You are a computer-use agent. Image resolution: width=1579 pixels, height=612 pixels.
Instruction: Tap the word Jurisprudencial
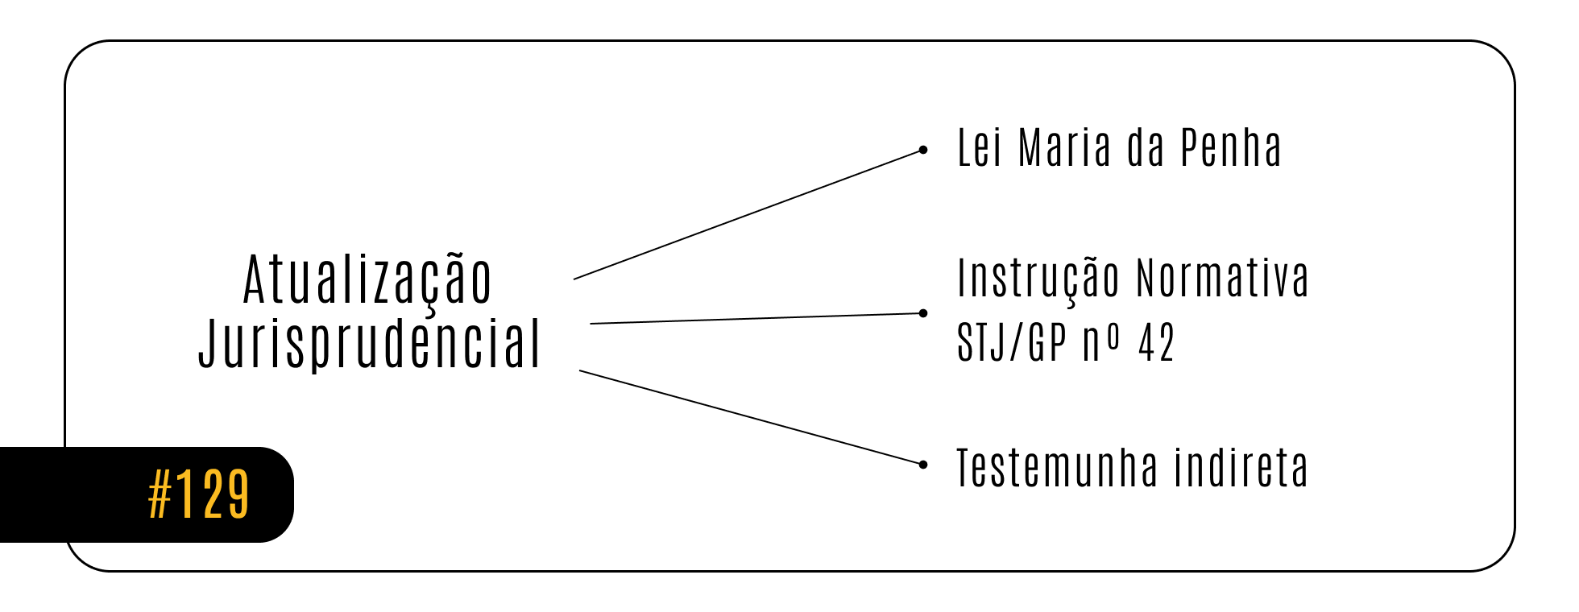tap(370, 345)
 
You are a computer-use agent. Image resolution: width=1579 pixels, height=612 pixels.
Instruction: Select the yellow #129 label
tap(199, 494)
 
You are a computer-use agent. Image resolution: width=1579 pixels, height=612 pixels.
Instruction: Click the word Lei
tap(980, 147)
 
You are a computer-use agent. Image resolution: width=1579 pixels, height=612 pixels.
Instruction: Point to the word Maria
tap(1065, 147)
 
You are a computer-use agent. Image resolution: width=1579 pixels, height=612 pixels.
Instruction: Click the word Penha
tap(1231, 147)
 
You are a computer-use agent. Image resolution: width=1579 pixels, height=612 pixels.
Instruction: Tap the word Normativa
tap(1223, 279)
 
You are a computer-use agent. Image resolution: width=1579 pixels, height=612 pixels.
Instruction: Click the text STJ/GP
tap(1012, 342)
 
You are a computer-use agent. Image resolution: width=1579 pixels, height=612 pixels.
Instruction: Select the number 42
tap(1156, 343)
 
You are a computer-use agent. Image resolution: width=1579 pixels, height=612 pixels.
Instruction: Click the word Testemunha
tap(1058, 469)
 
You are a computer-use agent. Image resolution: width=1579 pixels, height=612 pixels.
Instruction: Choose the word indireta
tap(1241, 469)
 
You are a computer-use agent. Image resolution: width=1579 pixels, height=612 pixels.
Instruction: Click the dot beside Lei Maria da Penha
tap(923, 150)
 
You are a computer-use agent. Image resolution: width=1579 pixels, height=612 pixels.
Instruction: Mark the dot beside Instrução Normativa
tap(923, 313)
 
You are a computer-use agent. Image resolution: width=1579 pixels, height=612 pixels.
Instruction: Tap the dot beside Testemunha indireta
tap(923, 465)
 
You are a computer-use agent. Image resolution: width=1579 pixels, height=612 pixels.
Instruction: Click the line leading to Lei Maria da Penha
tap(748, 215)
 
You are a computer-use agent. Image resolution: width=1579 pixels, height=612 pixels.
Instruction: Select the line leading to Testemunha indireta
tap(751, 417)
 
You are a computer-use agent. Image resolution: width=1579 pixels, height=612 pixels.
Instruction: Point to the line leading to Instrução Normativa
tap(756, 318)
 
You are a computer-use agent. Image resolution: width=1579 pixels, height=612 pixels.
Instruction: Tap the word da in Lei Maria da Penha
tap(1146, 147)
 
